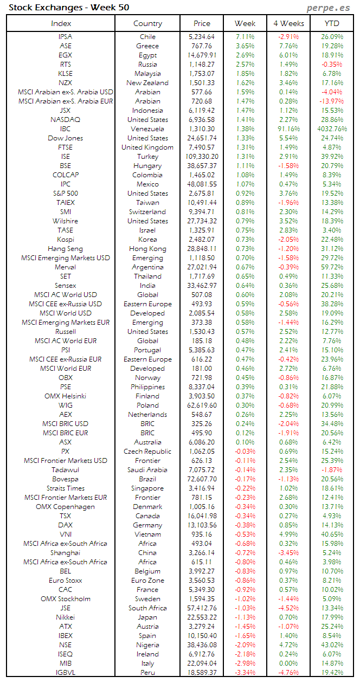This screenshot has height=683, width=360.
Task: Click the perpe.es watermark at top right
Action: click(329, 8)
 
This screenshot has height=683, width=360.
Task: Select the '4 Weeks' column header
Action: click(288, 23)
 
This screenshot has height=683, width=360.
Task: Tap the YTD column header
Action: click(332, 23)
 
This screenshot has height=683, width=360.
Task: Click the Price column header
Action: click(202, 23)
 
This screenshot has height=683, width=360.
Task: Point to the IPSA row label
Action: click(65, 37)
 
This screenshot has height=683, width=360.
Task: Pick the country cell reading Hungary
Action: click(147, 166)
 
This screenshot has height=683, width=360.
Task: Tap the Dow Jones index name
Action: click(65, 138)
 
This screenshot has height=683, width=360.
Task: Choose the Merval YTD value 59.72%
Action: click(332, 267)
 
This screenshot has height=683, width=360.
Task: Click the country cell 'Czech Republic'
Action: click(147, 452)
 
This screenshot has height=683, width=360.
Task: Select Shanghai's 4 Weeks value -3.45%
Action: click(288, 553)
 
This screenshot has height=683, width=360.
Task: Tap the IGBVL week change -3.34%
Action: click(245, 673)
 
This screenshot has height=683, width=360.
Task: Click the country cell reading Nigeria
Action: click(147, 645)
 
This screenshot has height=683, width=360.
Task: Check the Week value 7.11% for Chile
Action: click(245, 37)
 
